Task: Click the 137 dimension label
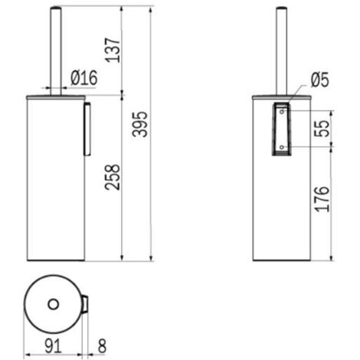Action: click(x=113, y=50)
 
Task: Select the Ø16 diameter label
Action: click(x=84, y=78)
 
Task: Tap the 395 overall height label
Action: click(x=140, y=124)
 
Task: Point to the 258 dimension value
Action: click(x=113, y=177)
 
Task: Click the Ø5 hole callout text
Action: click(x=320, y=80)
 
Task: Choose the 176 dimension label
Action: click(x=322, y=199)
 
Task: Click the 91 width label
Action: click(x=53, y=346)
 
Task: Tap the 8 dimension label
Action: click(x=102, y=346)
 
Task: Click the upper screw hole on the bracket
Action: click(x=282, y=112)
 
